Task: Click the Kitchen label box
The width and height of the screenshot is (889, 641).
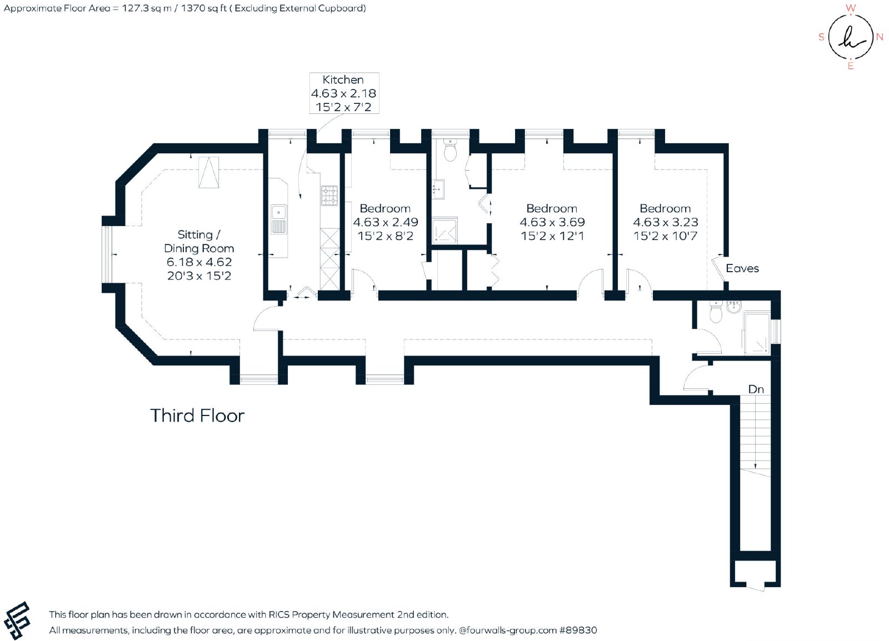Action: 344,93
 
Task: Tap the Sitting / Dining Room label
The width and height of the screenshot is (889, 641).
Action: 199,242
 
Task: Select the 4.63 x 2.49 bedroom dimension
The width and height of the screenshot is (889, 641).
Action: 386,222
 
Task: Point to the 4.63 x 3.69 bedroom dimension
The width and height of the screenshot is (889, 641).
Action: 552,222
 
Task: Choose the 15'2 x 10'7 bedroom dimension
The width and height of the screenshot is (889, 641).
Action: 665,236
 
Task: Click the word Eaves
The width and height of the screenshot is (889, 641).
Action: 742,268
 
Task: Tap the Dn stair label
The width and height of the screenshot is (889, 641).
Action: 756,389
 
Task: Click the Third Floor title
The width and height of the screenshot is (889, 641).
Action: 197,415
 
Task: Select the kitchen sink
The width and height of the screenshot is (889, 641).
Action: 279,219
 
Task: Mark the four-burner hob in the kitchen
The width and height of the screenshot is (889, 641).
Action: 329,196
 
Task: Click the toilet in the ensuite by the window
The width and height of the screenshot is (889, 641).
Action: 450,149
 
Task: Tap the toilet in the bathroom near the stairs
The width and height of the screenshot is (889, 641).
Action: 716,313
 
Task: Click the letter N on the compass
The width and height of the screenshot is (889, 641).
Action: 879,37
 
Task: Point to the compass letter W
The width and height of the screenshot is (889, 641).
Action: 850,8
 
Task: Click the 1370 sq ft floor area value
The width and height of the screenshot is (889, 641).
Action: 203,8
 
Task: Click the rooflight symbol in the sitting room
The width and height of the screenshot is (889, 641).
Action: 209,173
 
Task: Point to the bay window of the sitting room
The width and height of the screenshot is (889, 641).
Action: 107,254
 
